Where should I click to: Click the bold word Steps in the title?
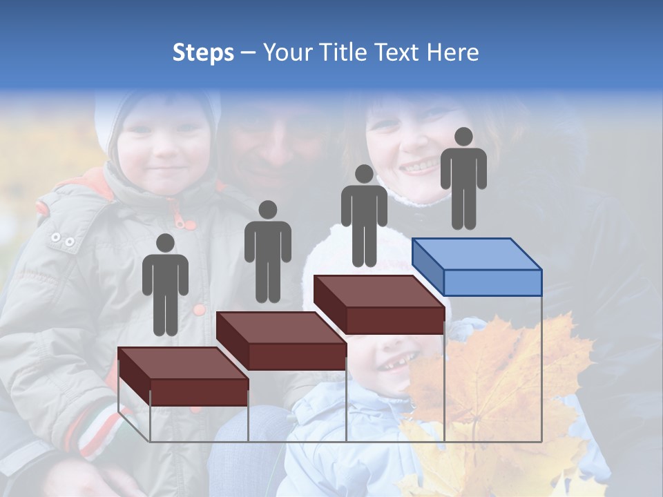[203, 52]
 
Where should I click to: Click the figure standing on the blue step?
[463, 178]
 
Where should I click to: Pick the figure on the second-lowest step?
[267, 251]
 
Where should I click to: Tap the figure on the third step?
[364, 215]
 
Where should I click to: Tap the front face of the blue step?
[492, 282]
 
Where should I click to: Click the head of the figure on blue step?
[463, 137]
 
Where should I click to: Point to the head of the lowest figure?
[165, 243]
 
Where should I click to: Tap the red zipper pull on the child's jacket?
[181, 220]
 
